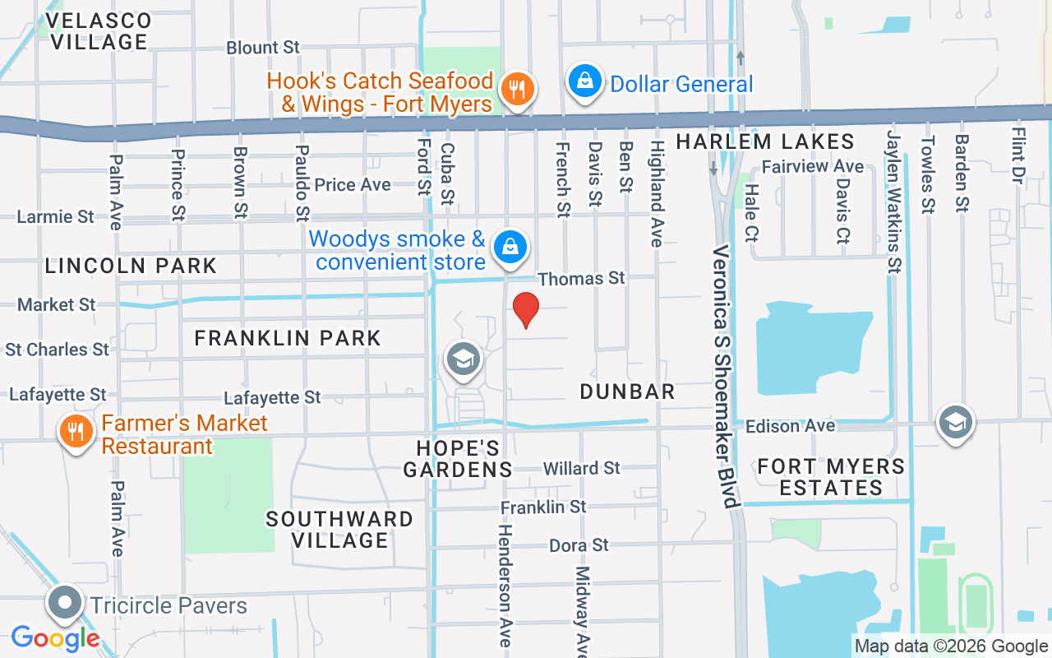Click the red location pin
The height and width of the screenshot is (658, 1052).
pyautogui.click(x=525, y=309)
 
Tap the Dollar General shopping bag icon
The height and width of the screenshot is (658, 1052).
pyautogui.click(x=584, y=82)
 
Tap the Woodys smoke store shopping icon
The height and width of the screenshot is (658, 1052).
pyautogui.click(x=510, y=247)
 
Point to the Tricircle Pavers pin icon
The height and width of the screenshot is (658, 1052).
pyautogui.click(x=65, y=603)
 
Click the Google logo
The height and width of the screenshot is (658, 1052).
pyautogui.click(x=55, y=637)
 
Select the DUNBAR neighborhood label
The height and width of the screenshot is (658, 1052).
pyautogui.click(x=627, y=392)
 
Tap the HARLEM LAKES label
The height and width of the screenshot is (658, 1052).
pyautogui.click(x=765, y=142)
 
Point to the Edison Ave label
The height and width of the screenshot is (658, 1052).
pyautogui.click(x=790, y=426)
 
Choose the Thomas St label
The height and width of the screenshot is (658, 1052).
pyautogui.click(x=581, y=279)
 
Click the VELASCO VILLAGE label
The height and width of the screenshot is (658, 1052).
pyautogui.click(x=99, y=30)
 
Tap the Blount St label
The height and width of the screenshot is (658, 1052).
pyautogui.click(x=263, y=48)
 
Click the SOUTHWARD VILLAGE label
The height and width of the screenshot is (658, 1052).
pyautogui.click(x=339, y=530)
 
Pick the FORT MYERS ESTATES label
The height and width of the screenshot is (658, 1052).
pyautogui.click(x=831, y=477)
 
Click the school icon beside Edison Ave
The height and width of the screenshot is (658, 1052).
pyautogui.click(x=955, y=423)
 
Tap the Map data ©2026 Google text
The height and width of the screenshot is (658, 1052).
pyautogui.click(x=951, y=646)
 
